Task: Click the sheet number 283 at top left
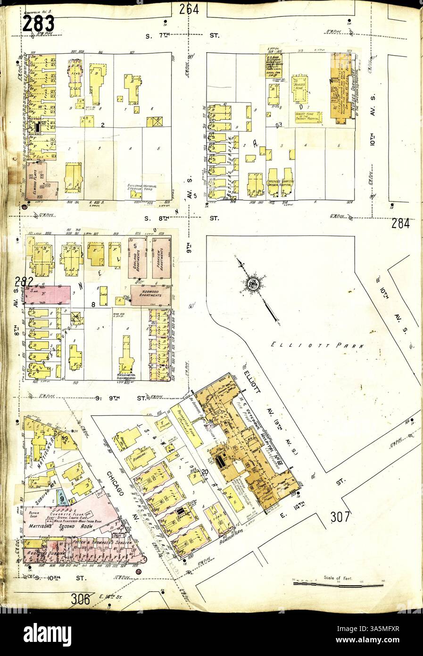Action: click(x=39, y=23)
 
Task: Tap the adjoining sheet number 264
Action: click(x=188, y=9)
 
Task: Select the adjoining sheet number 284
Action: click(x=400, y=223)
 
